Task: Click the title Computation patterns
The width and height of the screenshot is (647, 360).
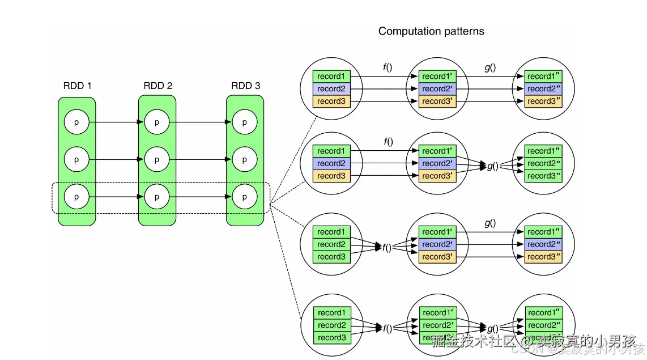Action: [x=431, y=31]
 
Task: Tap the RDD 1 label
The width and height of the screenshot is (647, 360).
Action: [x=78, y=86]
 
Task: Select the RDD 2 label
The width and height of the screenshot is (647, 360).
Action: [x=158, y=86]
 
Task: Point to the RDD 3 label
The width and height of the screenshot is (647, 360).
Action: [x=246, y=86]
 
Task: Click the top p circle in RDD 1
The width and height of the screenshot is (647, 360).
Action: [x=76, y=122]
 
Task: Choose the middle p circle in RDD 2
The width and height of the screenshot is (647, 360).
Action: [x=157, y=160]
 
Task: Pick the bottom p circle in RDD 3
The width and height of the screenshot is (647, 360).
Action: [x=245, y=197]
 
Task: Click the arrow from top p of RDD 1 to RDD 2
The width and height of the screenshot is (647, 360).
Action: [x=116, y=122]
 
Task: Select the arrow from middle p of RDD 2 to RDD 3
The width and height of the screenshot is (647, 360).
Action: [x=201, y=160]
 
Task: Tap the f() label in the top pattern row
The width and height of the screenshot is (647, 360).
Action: [x=388, y=67]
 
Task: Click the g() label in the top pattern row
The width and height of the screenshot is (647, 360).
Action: [x=490, y=67]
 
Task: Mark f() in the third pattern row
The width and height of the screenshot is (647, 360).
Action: [x=388, y=247]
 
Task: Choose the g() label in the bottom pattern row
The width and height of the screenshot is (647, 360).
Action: [x=492, y=328]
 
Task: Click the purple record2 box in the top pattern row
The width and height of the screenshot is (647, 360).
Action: [x=331, y=88]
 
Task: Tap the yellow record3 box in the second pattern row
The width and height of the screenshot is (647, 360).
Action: [x=331, y=176]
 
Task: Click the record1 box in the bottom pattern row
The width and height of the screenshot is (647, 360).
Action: [x=332, y=312]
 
